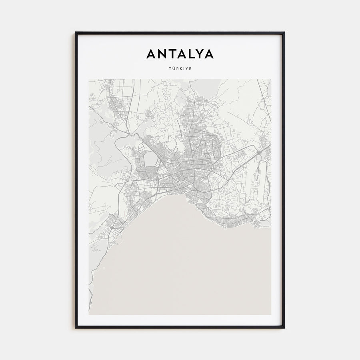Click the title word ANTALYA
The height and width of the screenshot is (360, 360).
tap(180, 54)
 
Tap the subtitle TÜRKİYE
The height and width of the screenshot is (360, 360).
tap(180, 69)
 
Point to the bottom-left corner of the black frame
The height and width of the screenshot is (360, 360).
tap(76, 328)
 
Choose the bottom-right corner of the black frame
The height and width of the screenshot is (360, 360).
tap(284, 328)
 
